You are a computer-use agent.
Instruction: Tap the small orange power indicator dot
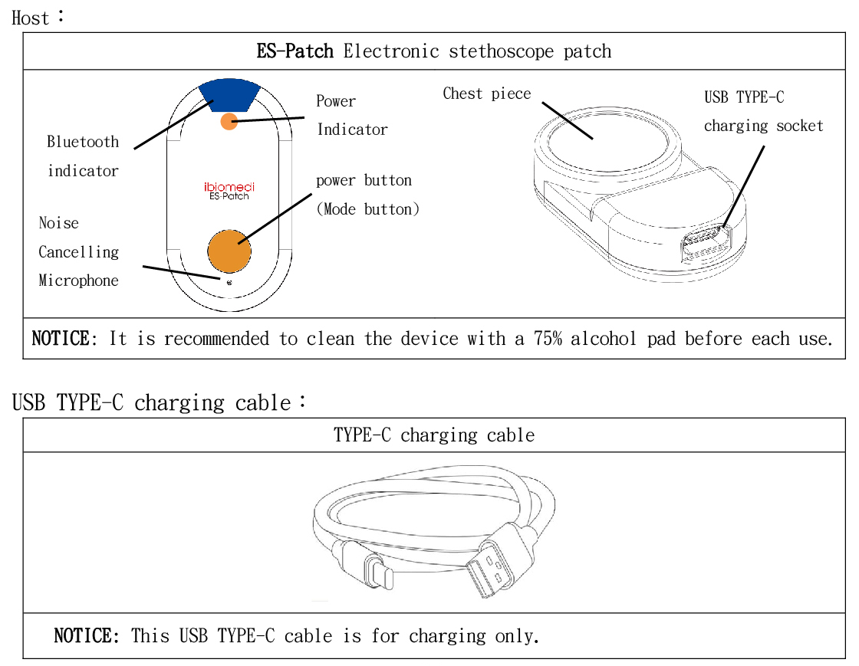(229, 121)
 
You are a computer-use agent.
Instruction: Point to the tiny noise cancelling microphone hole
(229, 282)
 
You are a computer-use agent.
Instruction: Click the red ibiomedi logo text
(229, 186)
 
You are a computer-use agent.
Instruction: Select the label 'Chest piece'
(486, 94)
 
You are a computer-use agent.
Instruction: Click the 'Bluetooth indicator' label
(83, 156)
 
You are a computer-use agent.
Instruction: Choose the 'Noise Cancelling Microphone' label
(78, 251)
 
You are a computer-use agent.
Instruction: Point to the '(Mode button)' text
(368, 209)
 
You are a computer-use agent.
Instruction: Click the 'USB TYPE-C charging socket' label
(762, 112)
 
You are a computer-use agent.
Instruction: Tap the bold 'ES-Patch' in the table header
(295, 52)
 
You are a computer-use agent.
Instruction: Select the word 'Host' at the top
(31, 18)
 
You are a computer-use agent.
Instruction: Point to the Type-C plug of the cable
(377, 571)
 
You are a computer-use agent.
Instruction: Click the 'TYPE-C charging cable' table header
(433, 435)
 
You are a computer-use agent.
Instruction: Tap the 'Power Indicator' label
(352, 115)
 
